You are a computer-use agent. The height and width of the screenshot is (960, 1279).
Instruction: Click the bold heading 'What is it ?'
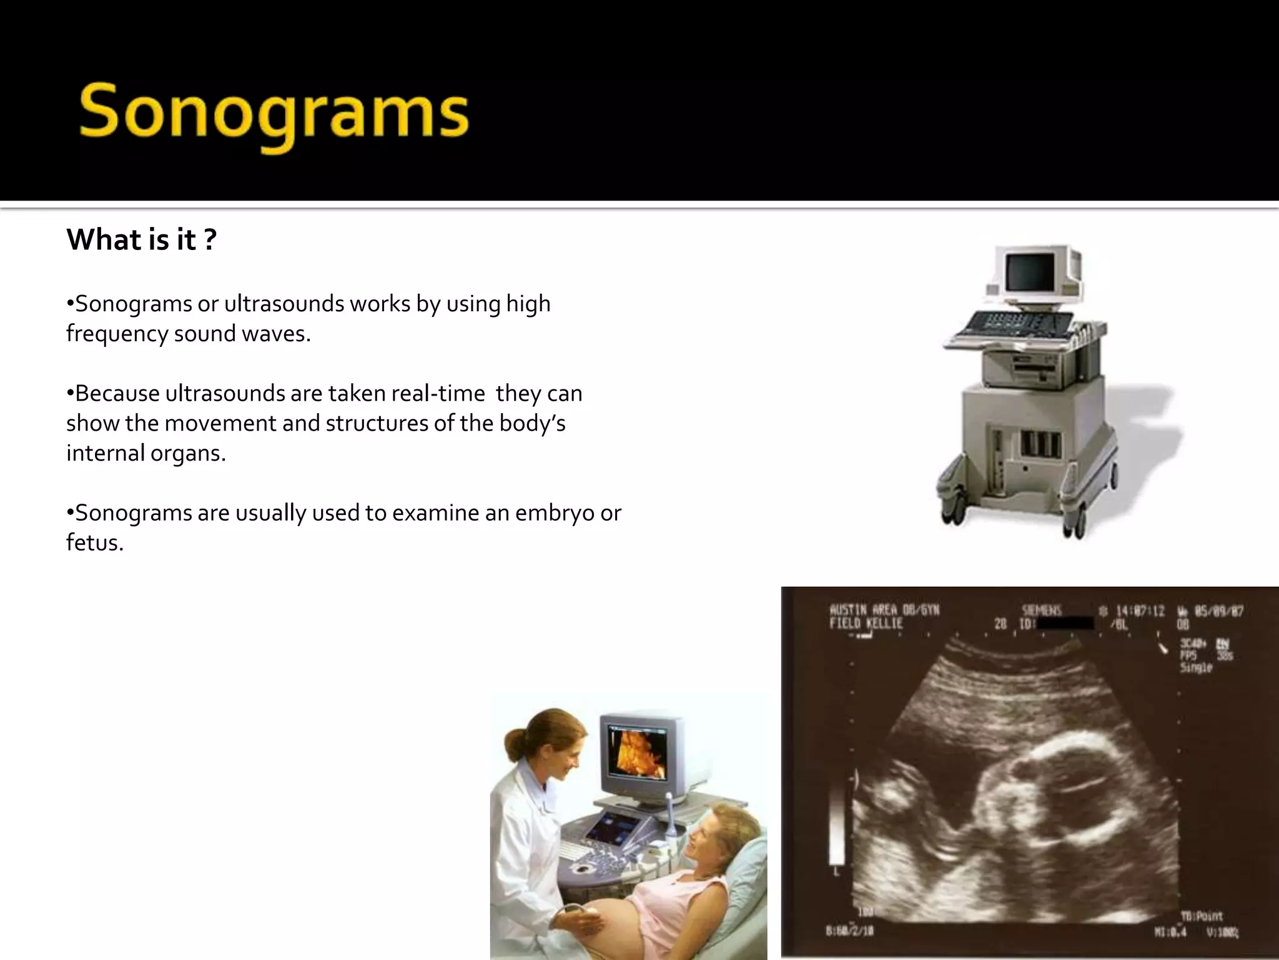point(141,240)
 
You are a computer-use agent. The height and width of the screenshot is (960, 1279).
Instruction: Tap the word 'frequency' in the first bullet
point(117,334)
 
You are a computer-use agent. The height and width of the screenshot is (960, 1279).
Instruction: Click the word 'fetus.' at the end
point(95,542)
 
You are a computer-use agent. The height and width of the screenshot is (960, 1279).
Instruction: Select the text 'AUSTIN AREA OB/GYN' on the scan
point(884,609)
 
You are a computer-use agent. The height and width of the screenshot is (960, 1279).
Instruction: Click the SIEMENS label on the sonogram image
point(1041,610)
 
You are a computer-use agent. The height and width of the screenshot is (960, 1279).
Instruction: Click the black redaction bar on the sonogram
point(1065,623)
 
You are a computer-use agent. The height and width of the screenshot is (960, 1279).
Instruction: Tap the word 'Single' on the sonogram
point(1195,667)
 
